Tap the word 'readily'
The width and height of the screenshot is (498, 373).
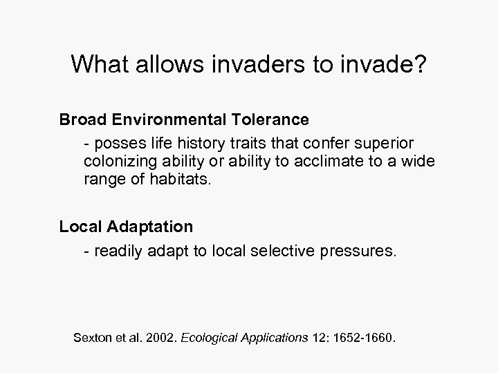118,250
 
